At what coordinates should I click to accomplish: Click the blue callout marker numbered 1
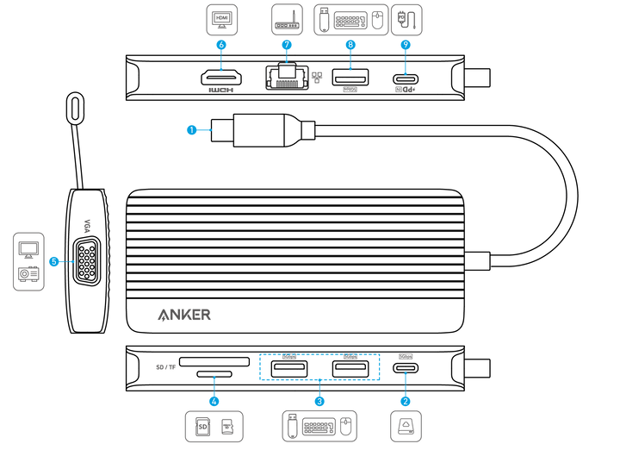tap(192, 130)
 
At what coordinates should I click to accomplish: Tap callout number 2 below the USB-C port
tap(406, 400)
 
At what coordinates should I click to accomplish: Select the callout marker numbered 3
tap(319, 400)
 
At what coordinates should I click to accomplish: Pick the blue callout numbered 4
tap(214, 400)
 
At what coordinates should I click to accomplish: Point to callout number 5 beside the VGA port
tap(54, 260)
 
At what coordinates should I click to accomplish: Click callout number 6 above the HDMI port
tap(221, 44)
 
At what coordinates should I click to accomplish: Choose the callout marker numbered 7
tap(287, 44)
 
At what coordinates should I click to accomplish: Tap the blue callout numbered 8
tap(350, 44)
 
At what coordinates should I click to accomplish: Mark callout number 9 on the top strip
tap(406, 44)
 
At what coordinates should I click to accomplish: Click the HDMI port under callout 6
tap(221, 79)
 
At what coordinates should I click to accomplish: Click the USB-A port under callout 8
tap(350, 79)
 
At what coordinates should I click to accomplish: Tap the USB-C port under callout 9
tap(406, 80)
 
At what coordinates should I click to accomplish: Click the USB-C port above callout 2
tap(406, 368)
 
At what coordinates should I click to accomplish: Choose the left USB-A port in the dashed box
tap(288, 369)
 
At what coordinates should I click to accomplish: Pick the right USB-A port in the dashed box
tap(350, 369)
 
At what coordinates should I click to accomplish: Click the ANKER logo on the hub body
tap(184, 315)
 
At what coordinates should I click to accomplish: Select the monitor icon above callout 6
tap(222, 17)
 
